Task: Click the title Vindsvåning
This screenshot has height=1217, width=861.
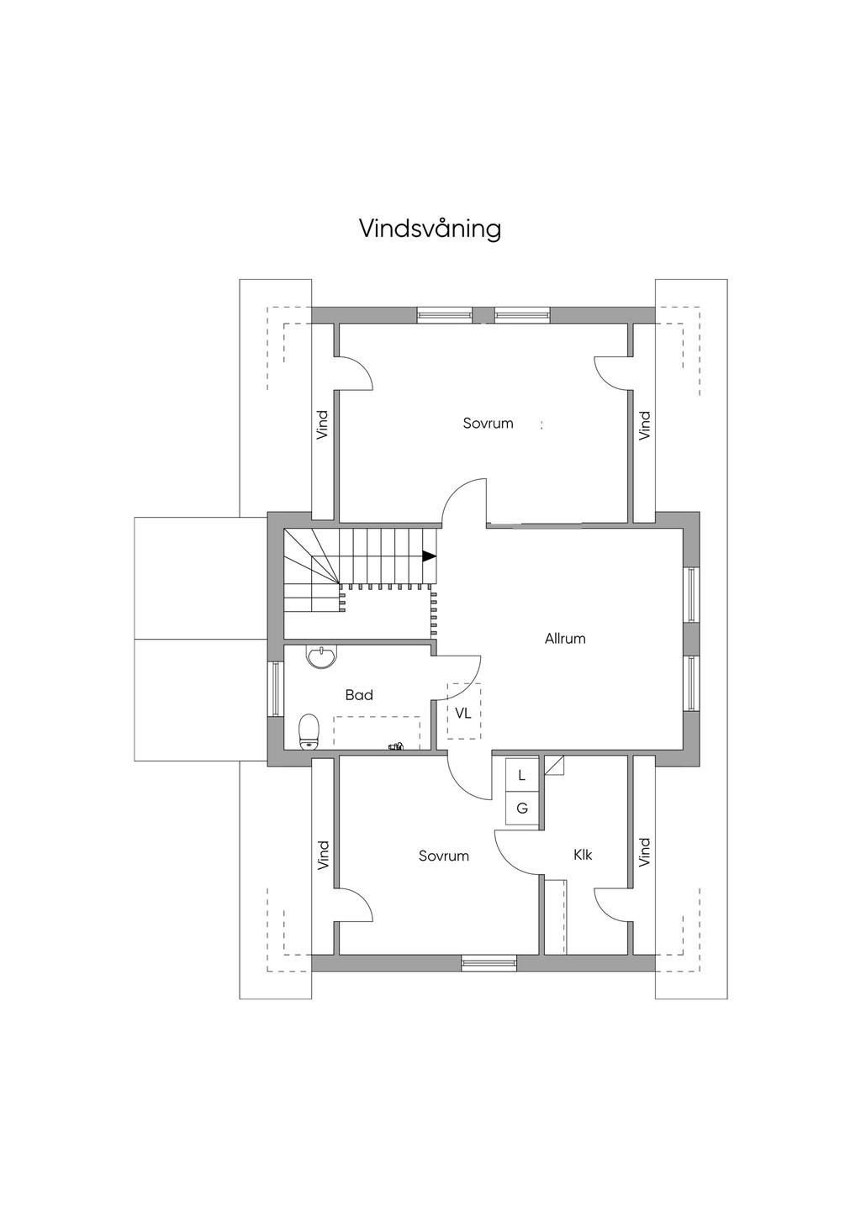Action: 430,229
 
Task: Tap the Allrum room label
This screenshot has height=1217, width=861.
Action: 565,639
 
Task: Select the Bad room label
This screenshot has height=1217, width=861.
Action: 359,695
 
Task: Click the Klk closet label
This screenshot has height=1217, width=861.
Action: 583,855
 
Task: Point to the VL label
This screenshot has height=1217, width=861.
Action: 463,714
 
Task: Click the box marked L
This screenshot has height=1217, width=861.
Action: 522,776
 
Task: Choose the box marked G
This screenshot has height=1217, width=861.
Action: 522,809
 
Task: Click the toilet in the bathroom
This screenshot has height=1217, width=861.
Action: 309,732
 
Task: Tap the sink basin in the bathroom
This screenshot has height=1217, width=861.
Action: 322,656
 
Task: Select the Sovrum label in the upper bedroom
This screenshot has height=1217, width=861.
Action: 489,424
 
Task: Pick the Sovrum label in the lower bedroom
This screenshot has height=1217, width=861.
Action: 444,856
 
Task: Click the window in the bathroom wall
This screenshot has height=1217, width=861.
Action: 276,689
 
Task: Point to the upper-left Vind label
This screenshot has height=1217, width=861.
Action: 323,425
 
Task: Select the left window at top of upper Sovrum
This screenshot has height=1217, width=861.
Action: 444,314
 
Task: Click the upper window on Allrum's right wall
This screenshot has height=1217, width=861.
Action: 691,594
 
